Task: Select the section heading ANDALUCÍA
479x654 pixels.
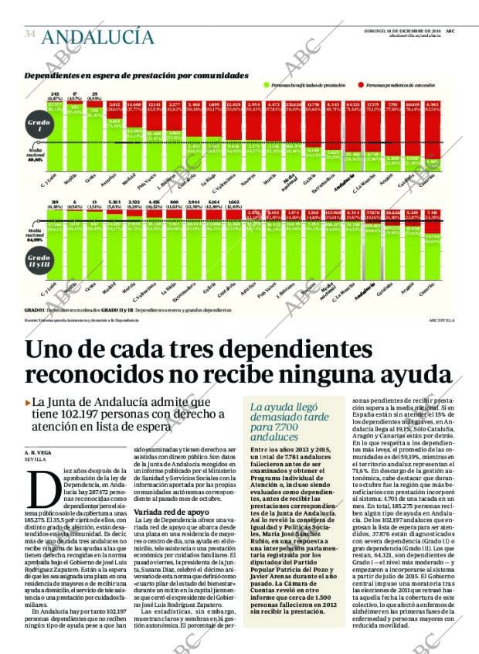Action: point(97,36)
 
